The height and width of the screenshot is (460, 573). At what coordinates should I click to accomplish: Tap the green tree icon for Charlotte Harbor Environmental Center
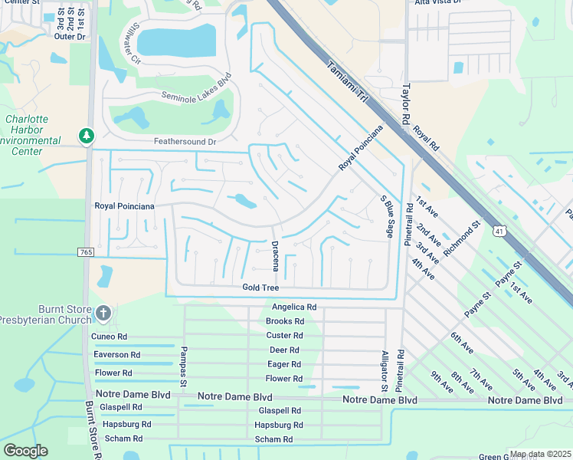coord(87,136)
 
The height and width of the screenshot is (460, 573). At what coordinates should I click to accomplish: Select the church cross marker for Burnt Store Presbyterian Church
coord(105,313)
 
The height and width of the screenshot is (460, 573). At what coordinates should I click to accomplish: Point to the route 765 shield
coord(86,252)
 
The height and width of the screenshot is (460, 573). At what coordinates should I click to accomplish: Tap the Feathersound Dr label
coord(185,142)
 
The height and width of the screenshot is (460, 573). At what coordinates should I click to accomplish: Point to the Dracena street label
coord(275,255)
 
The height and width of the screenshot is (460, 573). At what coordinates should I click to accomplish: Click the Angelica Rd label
coord(294,307)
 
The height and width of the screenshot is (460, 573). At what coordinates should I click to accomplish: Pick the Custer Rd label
coord(284,336)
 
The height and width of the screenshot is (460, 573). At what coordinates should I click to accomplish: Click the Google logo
coord(25,451)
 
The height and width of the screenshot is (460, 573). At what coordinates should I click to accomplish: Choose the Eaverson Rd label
coord(116,355)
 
